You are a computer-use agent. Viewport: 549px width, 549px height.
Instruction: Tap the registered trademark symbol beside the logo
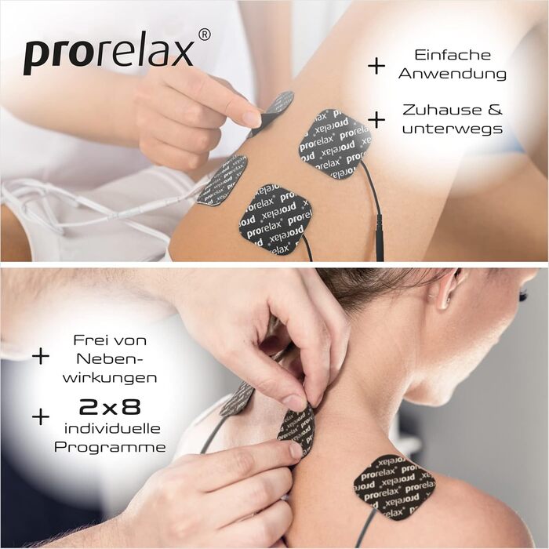click(204, 35)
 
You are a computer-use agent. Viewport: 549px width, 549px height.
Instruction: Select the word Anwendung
click(452, 74)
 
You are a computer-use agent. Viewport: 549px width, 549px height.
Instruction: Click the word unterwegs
click(452, 128)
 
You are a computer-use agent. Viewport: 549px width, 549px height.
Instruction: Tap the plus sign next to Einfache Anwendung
click(376, 65)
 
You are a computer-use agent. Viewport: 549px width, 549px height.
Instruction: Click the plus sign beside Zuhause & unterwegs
click(376, 119)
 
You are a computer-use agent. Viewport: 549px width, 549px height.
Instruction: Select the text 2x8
click(110, 408)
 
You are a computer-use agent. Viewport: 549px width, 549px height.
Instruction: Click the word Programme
click(110, 447)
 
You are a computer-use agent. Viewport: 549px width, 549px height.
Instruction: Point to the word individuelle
click(110, 428)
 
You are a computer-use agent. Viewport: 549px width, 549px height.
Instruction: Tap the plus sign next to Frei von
click(40, 356)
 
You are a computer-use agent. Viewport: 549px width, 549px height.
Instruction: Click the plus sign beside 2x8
click(40, 416)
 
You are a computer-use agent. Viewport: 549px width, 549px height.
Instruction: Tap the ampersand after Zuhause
click(496, 109)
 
